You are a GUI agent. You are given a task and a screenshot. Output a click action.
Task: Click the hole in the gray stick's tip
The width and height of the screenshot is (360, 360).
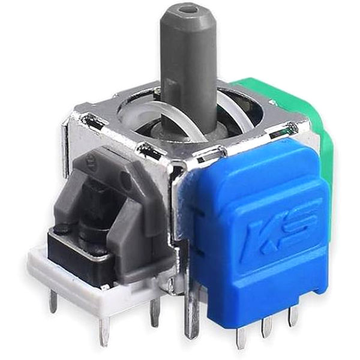[x=190, y=10]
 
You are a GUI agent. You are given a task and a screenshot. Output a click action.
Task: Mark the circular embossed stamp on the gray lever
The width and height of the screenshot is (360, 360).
[x=92, y=161]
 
